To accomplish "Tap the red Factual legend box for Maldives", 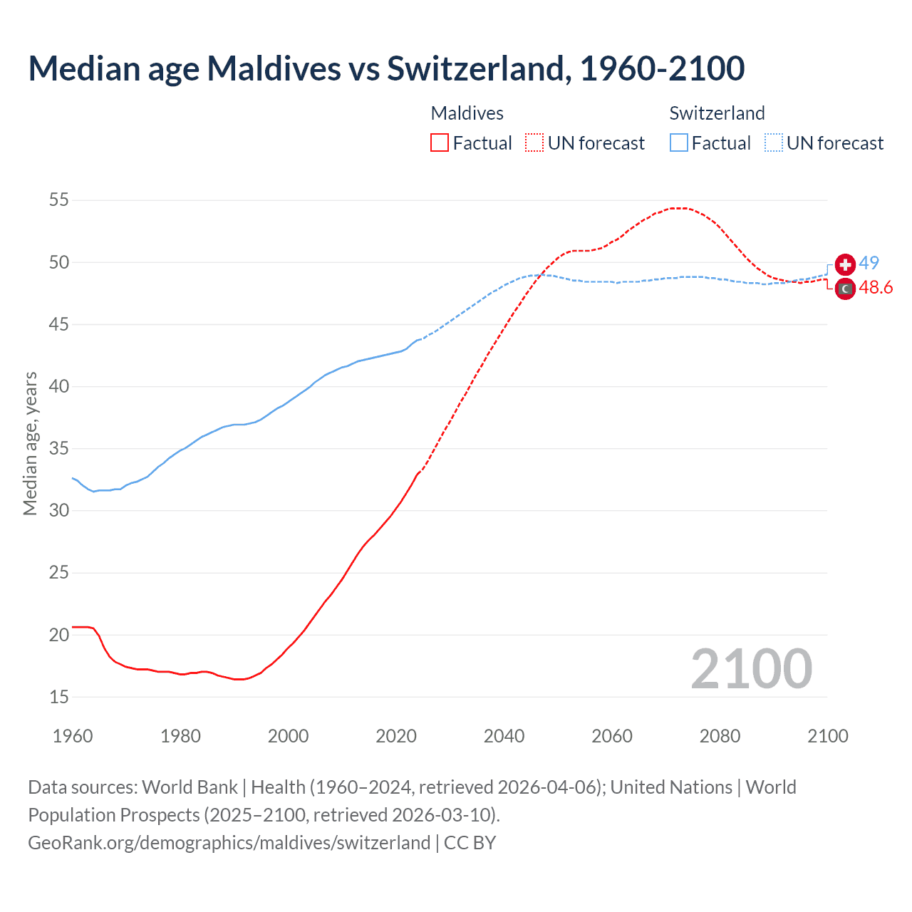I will (440, 142).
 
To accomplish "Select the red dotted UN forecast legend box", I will (534, 142).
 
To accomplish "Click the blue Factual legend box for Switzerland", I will (679, 142).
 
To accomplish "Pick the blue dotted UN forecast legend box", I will (774, 142).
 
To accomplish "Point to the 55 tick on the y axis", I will (59, 200).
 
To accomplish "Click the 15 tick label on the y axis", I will (59, 697).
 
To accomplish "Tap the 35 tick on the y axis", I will (59, 449).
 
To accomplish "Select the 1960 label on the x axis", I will (73, 736).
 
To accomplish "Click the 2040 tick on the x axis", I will (504, 736).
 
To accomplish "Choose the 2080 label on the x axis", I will (720, 736).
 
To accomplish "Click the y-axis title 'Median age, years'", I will (30, 443).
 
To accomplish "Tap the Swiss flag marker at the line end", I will (845, 265).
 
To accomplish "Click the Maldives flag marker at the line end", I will (845, 289).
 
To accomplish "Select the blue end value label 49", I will (869, 263).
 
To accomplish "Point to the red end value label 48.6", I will (876, 287).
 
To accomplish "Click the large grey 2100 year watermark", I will (751, 668).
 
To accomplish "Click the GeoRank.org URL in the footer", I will (229, 842).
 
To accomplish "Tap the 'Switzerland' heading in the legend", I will (717, 113).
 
